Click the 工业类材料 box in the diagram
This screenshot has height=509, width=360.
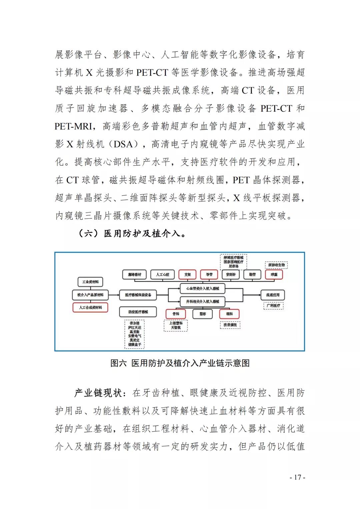coord(90,282)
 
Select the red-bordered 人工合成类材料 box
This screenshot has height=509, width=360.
coord(90,307)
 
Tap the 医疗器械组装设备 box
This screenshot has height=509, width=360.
coord(138,295)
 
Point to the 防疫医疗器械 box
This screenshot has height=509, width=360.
coord(138,312)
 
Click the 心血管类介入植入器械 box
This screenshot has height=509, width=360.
coord(203,288)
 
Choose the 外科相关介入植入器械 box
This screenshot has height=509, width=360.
coord(203,301)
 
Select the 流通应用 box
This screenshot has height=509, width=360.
coord(273,295)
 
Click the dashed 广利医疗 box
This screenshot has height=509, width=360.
coord(273,305)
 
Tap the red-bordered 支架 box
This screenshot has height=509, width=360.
coord(188,274)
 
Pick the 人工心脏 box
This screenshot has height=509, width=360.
coord(163,274)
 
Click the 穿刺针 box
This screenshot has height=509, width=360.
coord(231,274)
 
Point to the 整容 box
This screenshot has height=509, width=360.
coord(203,314)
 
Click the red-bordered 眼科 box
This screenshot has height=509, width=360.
coord(229,314)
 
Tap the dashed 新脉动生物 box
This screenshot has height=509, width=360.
coord(276,265)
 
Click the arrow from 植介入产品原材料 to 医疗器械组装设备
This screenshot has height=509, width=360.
coord(113,295)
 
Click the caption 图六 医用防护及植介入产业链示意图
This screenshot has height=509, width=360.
coord(180,363)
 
